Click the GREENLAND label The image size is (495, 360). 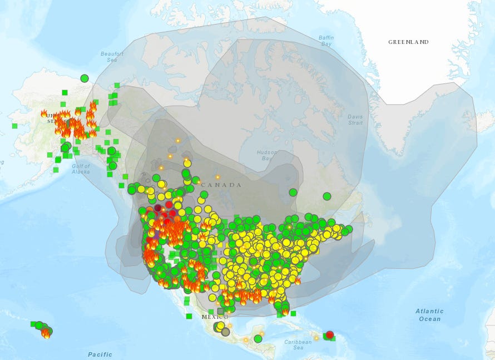[x=408, y=42]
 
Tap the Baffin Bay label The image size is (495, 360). [x=326, y=41]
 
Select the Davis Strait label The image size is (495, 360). [x=355, y=120]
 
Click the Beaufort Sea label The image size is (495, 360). [x=112, y=57]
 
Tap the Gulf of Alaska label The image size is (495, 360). [x=81, y=169]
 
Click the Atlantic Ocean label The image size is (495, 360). [x=429, y=315]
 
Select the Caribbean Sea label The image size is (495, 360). [x=299, y=344]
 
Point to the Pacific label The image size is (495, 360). [x=100, y=354]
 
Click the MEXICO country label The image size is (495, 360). [x=215, y=317]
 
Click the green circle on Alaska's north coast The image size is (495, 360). [x=84, y=78]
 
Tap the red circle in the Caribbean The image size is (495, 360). [x=329, y=334]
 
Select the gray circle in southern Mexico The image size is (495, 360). [x=225, y=332]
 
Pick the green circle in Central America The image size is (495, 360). [x=258, y=338]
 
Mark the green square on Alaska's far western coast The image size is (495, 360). [x=14, y=126]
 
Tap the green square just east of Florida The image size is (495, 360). [x=293, y=313]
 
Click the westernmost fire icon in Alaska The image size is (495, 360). [x=44, y=114]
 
